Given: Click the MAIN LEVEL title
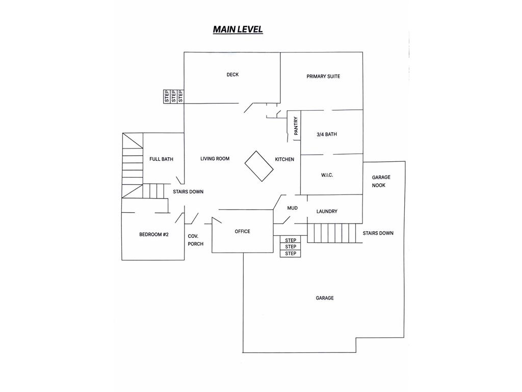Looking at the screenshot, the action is coord(238,29).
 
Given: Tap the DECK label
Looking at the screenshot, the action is coord(232,75).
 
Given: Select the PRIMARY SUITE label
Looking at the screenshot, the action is coord(323,77).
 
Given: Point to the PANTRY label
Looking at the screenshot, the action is coord(296,126).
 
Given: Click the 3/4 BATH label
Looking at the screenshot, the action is coord(327,134).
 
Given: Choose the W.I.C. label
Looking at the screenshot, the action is coord(327,175).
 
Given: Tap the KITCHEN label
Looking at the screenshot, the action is coord(284,159).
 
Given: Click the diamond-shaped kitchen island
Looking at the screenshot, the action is coord(259,166).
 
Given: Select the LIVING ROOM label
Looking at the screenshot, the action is coord(215,159).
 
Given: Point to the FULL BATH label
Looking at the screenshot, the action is coord(161,159).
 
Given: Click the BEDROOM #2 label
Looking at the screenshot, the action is coord(154,235).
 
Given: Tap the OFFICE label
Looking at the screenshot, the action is coord(242,231).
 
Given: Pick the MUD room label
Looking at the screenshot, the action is coord(292,208).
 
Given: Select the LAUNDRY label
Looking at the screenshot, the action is coord(327,211).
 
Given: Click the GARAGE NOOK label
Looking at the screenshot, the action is coord(381,181).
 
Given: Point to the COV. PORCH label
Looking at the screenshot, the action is coord(195,240).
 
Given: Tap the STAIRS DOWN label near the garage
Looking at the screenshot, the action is coord(378,233).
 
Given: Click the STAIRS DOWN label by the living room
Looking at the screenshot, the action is coord(188,192).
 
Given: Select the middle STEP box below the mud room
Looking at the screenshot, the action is coord(291,247).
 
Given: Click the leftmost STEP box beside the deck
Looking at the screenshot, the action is coord(167,96).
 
